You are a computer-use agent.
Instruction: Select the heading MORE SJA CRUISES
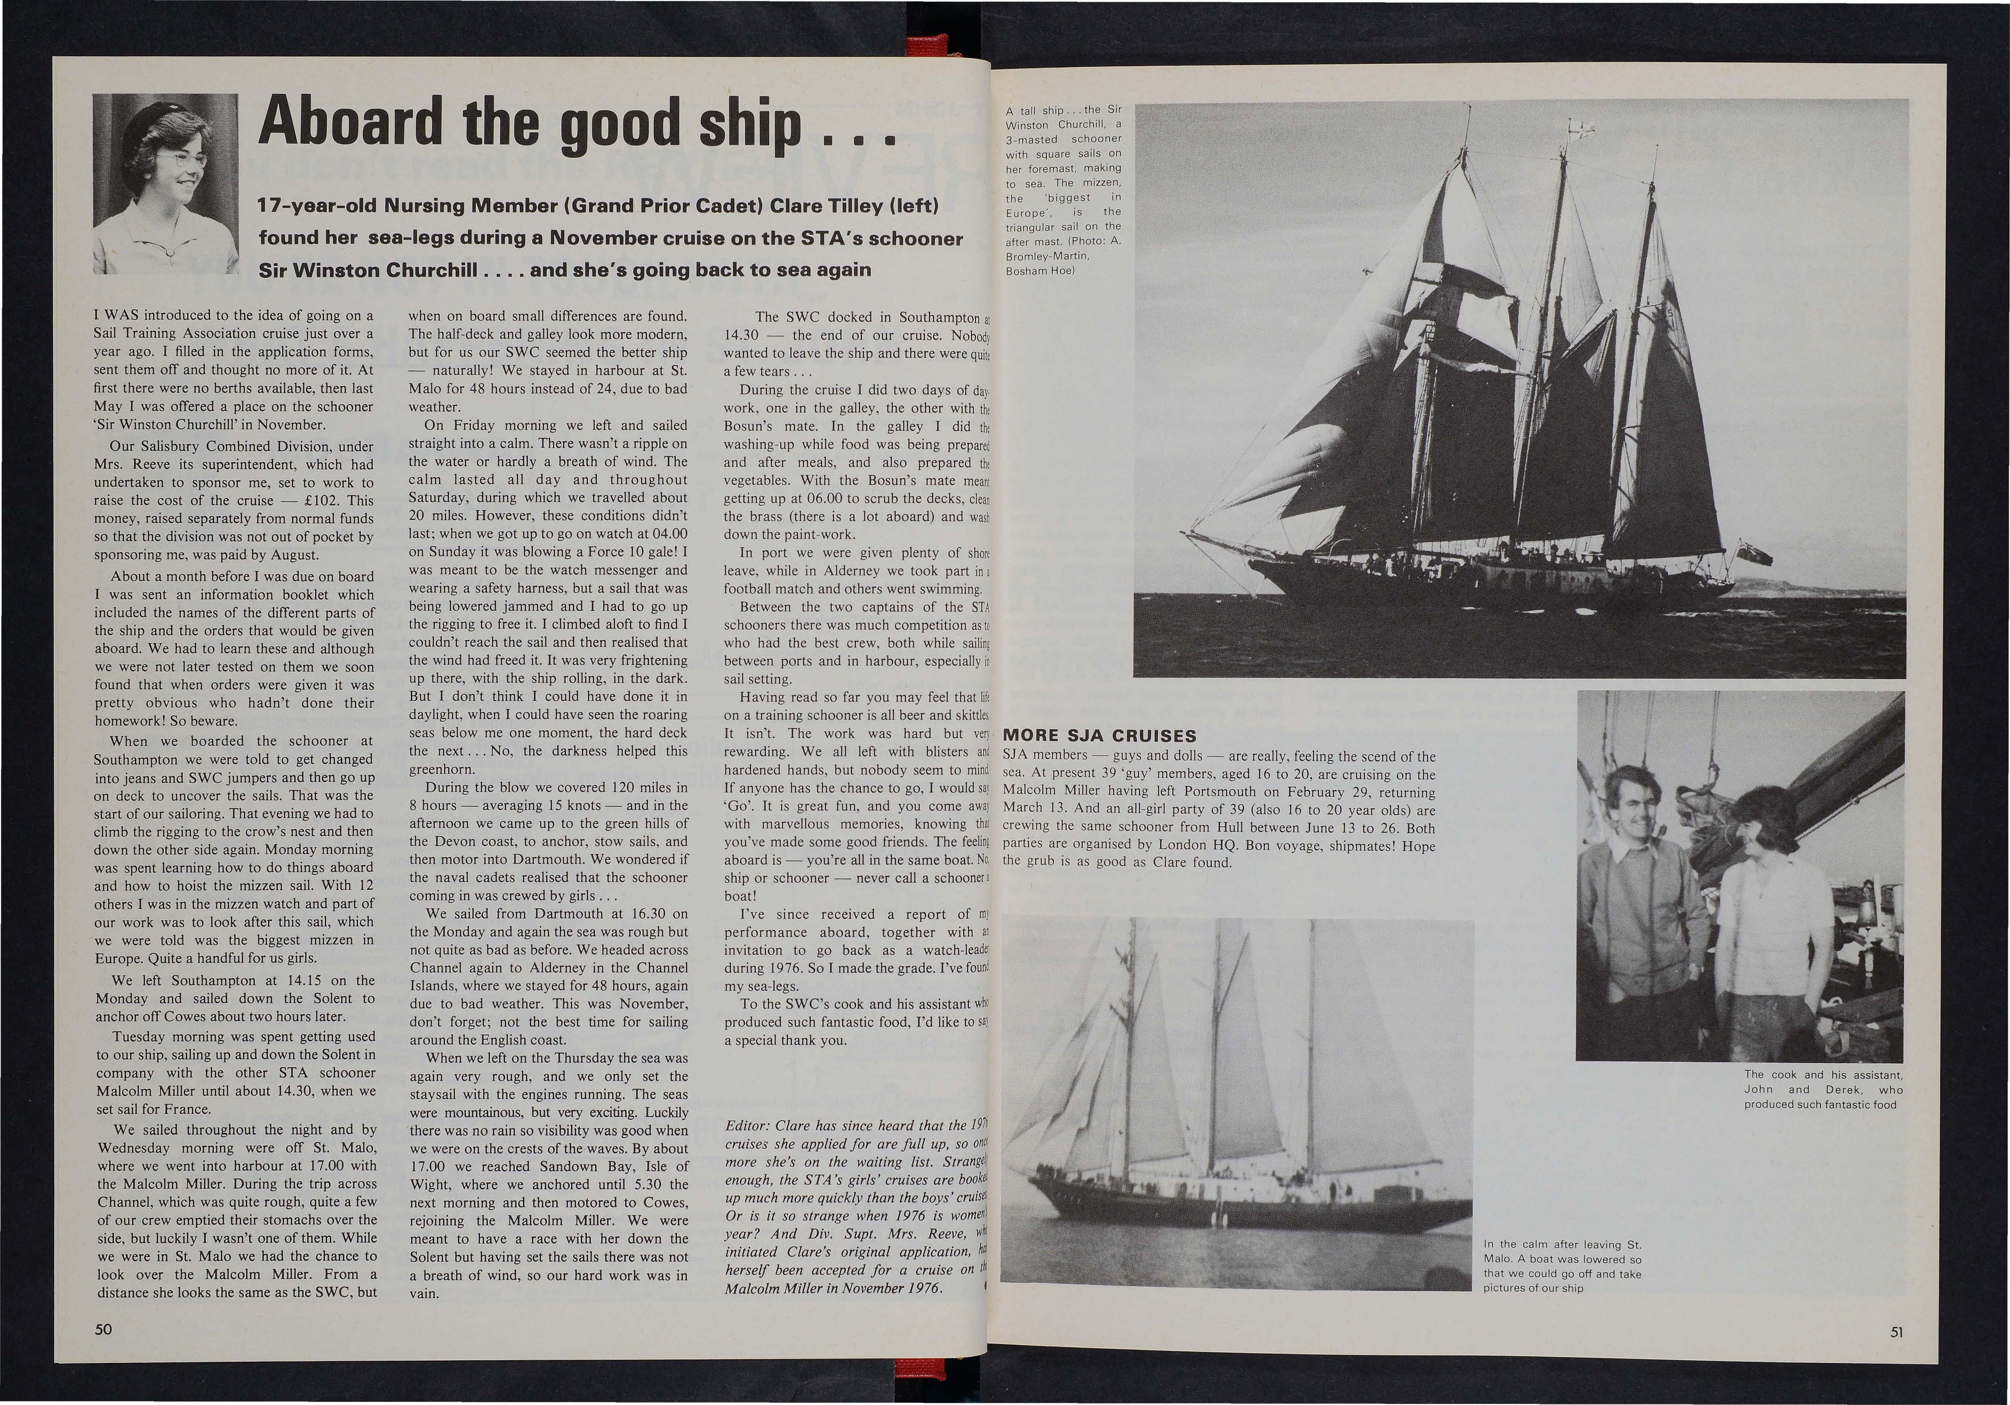1099,735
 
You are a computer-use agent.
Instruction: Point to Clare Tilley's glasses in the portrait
190,163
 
